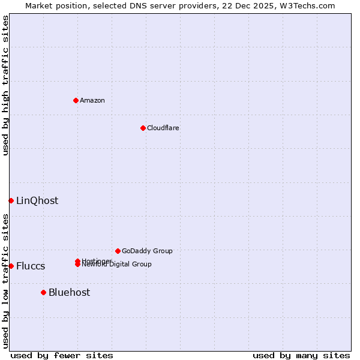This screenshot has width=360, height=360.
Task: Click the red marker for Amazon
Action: [x=76, y=100]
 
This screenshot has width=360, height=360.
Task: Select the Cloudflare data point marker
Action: [x=143, y=128]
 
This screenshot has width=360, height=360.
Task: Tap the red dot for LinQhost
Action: [x=11, y=200]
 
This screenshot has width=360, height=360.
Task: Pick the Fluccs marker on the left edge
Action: [x=11, y=266]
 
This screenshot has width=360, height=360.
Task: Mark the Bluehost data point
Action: [x=43, y=292]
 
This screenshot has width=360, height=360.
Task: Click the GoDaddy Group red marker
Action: [x=118, y=251]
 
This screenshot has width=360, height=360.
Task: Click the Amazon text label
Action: [x=92, y=100]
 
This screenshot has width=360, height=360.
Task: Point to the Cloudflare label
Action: [x=163, y=128]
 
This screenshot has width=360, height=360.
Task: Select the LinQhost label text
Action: [x=37, y=200]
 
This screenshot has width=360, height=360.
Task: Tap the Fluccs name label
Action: [x=31, y=266]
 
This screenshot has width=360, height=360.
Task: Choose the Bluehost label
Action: [x=69, y=292]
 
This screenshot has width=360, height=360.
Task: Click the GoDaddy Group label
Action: [x=147, y=251]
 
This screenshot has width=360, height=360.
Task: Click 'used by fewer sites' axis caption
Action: [x=62, y=355]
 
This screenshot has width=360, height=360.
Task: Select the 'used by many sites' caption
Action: [x=301, y=355]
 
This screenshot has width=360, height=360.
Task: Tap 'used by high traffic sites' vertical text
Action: [x=5, y=85]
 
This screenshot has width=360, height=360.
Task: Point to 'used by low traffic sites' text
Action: [x=5, y=281]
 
